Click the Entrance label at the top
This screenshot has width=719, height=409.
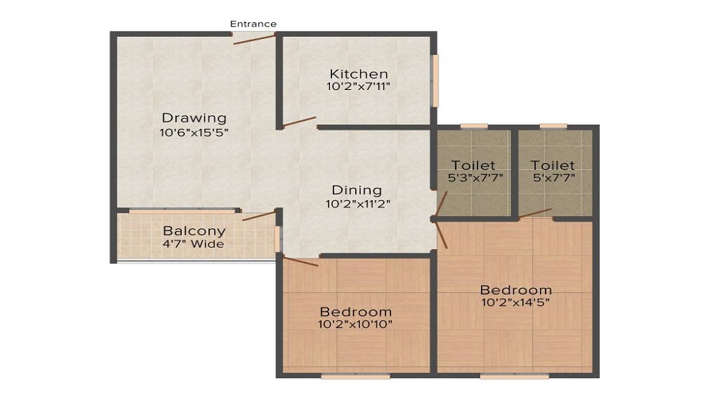pos(253,24)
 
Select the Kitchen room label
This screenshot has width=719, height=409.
pos(359,73)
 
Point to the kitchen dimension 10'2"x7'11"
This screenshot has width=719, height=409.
pos(359,86)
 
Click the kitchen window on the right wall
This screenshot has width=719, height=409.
pos(434,81)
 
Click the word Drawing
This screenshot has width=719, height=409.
pos(193,118)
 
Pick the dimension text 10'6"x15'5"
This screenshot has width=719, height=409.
pos(193,132)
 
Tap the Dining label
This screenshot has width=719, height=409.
pos(357,190)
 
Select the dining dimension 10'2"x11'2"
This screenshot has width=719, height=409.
pos(357,204)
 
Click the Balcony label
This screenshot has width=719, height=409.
pos(193,231)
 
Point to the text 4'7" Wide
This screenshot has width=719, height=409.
pos(193,244)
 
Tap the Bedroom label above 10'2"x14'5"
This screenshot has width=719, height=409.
pos(516,289)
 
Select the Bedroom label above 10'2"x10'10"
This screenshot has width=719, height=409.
pos(356,312)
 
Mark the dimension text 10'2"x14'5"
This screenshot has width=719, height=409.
pos(516,302)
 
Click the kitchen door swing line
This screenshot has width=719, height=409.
pos(299,122)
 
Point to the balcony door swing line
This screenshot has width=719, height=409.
pos(259,215)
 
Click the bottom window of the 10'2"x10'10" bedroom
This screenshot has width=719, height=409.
pos(355,375)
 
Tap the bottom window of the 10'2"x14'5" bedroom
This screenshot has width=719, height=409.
pos(515,375)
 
